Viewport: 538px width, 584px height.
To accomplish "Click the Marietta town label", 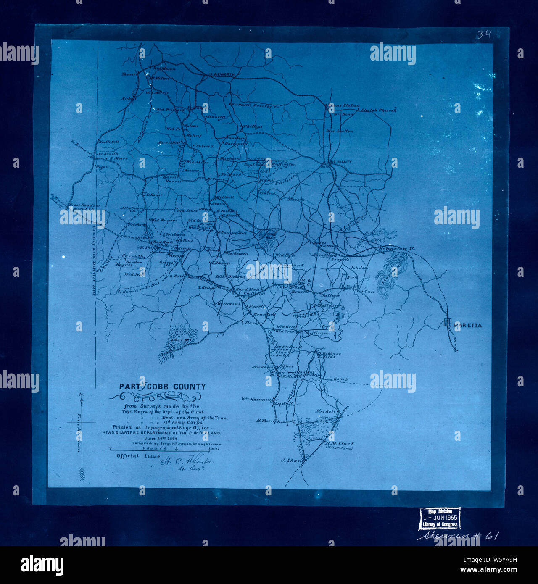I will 467,325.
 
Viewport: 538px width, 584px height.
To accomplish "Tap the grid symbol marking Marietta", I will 448,323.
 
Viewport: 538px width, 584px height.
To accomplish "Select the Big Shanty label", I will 340,162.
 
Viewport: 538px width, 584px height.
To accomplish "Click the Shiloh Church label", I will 379,110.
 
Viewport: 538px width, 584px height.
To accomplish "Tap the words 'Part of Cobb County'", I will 162,387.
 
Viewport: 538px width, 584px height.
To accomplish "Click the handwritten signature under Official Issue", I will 187,462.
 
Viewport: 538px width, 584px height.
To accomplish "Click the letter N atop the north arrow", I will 81,394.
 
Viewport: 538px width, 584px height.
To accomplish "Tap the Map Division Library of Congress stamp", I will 440,518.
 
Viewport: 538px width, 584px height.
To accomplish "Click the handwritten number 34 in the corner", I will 483,34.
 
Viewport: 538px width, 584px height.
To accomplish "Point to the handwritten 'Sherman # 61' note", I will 458,537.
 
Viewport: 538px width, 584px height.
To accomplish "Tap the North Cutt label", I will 109,142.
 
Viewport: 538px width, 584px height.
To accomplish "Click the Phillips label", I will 253,126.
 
